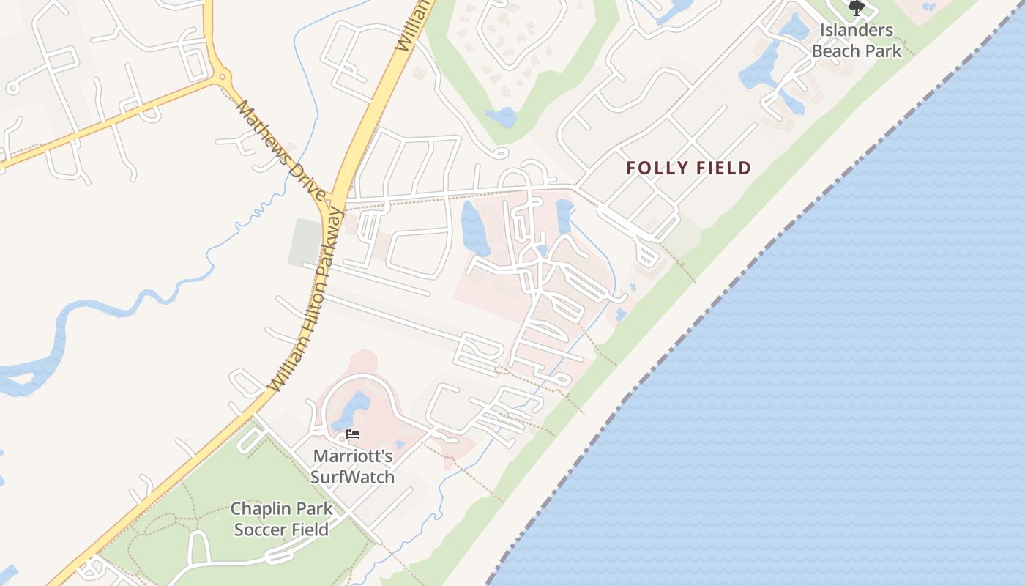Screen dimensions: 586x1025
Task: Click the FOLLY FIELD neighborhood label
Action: click(689, 168)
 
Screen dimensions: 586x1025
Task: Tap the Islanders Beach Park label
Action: click(857, 40)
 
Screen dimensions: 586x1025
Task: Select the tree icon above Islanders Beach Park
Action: click(856, 8)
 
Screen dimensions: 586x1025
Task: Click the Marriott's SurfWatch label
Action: click(353, 467)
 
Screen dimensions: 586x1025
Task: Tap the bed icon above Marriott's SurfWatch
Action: click(353, 434)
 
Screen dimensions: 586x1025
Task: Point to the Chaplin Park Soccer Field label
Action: click(281, 519)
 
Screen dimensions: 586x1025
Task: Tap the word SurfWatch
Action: click(353, 478)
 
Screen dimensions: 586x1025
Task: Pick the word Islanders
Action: click(857, 30)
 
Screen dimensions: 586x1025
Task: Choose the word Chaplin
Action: click(261, 508)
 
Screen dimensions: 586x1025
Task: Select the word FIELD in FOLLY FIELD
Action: click(723, 168)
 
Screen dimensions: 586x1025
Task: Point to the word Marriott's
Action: click(353, 456)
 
